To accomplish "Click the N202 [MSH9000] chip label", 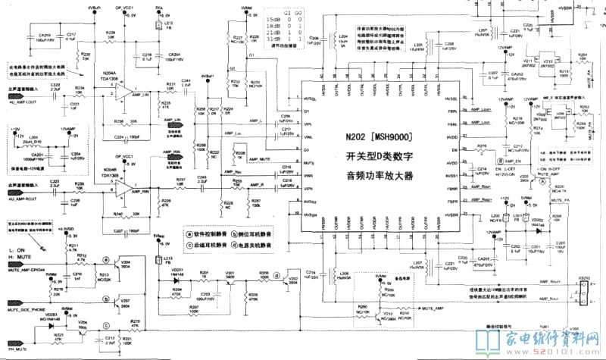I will point(384,140).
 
